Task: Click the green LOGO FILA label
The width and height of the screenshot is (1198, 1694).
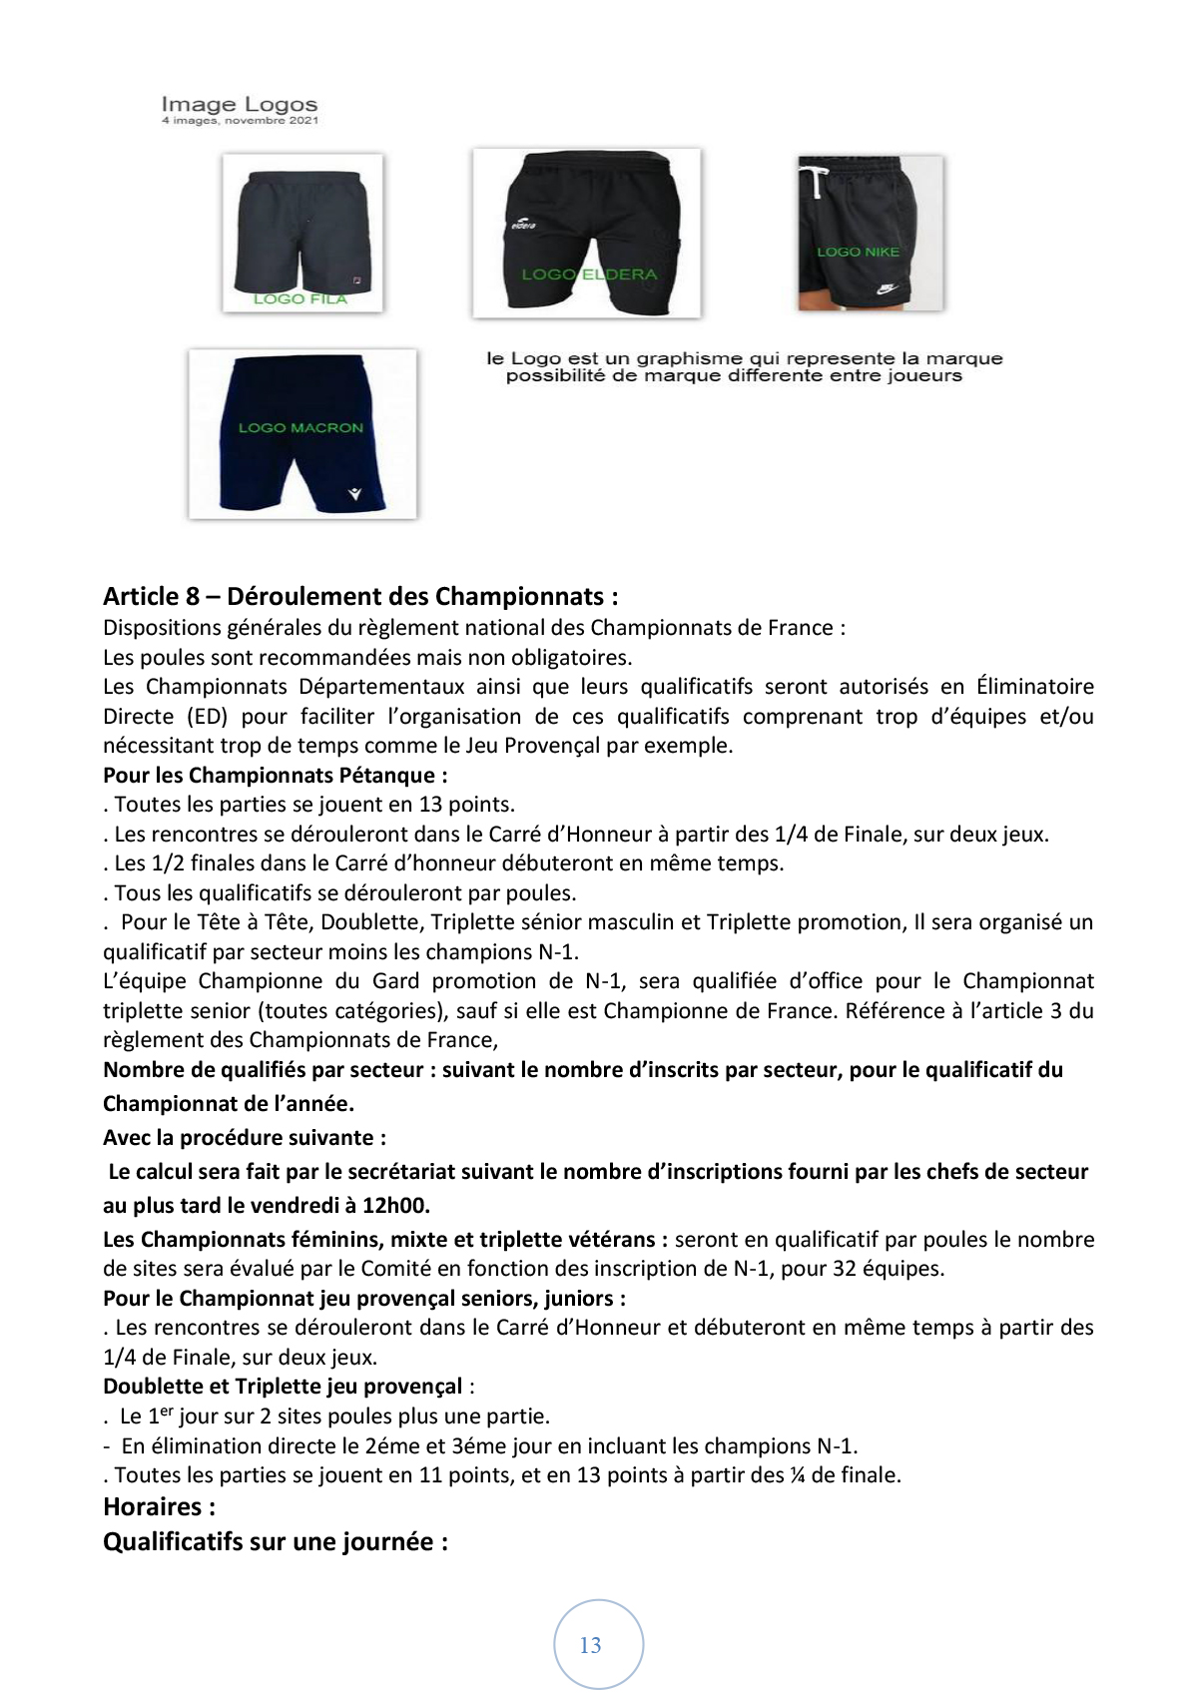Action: pyautogui.click(x=299, y=298)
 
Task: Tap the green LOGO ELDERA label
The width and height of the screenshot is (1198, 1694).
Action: pyautogui.click(x=589, y=274)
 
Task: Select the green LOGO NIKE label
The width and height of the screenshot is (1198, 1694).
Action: pyautogui.click(x=858, y=253)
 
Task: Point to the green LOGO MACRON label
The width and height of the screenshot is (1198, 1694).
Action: pyautogui.click(x=300, y=427)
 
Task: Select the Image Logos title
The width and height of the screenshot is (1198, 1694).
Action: pyautogui.click(x=240, y=104)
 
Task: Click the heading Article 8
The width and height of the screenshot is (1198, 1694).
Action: pyautogui.click(x=360, y=596)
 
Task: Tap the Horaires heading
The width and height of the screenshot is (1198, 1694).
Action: pyautogui.click(x=160, y=1506)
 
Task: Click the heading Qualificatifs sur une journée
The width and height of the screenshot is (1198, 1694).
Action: pyautogui.click(x=276, y=1541)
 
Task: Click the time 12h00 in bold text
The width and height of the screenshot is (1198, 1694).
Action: pyautogui.click(x=395, y=1205)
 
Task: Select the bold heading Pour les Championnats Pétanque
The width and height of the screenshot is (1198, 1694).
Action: pyautogui.click(x=276, y=775)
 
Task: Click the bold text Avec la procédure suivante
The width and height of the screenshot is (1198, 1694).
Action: pyautogui.click(x=245, y=1137)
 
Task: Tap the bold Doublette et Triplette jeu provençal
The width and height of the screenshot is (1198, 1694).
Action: pyautogui.click(x=283, y=1386)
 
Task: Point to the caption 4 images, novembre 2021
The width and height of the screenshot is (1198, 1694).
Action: pyautogui.click(x=240, y=121)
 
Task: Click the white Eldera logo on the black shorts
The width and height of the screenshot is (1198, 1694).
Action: pyautogui.click(x=524, y=225)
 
